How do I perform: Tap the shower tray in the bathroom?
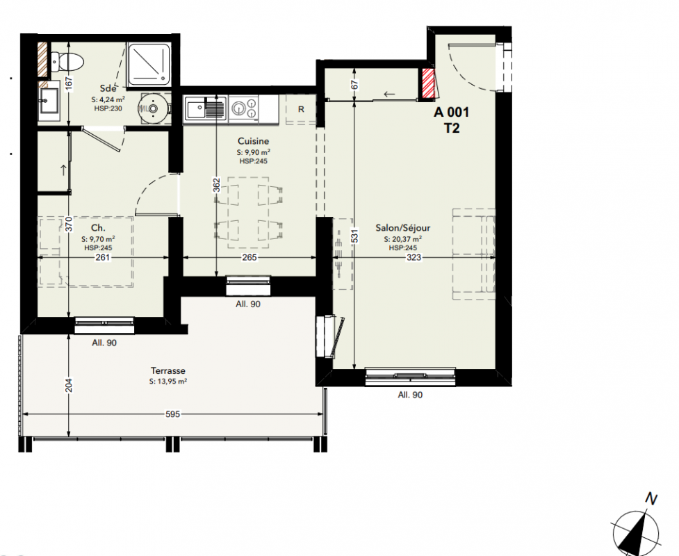pos(149,64)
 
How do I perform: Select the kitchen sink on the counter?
pos(206,108)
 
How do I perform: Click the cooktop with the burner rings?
pos(244,108)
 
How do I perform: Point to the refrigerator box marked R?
pos(301,109)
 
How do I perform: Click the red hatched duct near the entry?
pos(428,83)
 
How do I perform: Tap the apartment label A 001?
pos(451,112)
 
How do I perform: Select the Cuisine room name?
pos(254,141)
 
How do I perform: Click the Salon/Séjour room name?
pos(402,228)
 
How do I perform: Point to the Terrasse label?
pos(168,370)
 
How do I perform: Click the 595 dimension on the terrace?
pos(172,414)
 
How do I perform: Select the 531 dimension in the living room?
pos(354,236)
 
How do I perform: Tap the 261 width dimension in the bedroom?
pos(103,258)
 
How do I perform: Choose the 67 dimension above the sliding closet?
pos(354,84)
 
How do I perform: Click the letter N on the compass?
pos(651,499)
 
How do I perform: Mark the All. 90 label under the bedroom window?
pos(104,343)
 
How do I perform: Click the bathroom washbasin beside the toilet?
pos(49,99)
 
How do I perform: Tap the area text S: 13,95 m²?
pos(168,382)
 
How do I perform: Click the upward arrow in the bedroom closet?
pos(64,170)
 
